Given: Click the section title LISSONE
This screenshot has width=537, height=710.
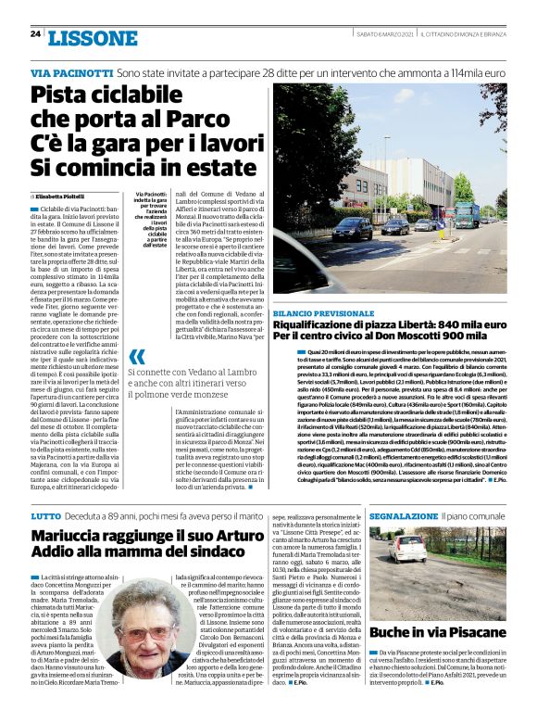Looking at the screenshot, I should point(92,37).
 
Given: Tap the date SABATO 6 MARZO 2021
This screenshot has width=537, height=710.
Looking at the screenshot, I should point(383,35).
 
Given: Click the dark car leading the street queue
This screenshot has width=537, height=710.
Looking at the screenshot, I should point(353,228).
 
